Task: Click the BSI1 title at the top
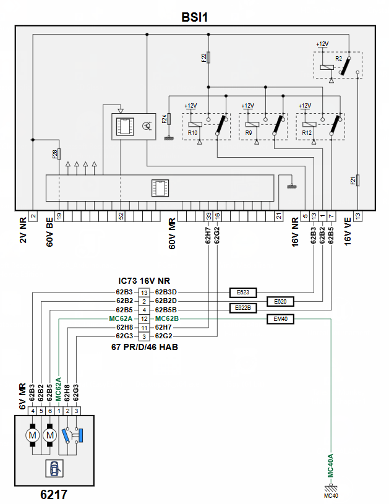[x=194, y=17]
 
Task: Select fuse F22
[x=208, y=58]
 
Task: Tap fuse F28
[x=59, y=154]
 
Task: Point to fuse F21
[x=357, y=181]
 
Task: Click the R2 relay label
[x=338, y=59]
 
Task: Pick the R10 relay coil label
[x=192, y=132]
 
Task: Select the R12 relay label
[x=307, y=132]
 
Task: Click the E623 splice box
[x=242, y=293]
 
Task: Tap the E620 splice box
[x=280, y=302]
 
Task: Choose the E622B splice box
[x=242, y=308]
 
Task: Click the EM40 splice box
[x=280, y=319]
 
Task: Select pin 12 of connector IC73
[x=144, y=319]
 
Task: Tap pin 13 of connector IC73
[x=144, y=293]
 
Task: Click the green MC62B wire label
[x=167, y=318]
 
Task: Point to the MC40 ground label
[x=331, y=495]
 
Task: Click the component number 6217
[x=54, y=494]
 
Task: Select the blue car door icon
[x=54, y=469]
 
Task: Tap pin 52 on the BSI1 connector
[x=121, y=216]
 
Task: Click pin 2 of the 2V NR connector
[x=33, y=216]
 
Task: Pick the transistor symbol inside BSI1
[x=147, y=126]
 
